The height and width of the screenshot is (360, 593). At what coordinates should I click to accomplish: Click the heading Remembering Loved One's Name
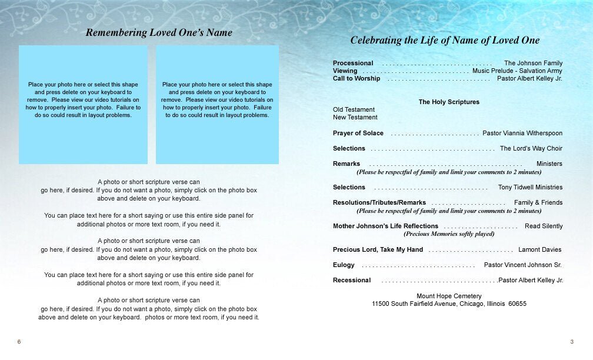click(x=159, y=33)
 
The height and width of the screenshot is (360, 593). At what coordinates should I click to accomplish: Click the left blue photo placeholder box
click(x=83, y=104)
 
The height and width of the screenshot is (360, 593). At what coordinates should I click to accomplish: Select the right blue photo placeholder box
click(x=217, y=104)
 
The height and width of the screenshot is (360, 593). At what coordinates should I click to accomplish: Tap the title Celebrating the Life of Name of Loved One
click(x=445, y=41)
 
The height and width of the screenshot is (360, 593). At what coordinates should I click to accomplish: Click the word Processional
click(x=353, y=63)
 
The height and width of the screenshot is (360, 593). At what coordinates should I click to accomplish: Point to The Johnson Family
click(x=533, y=63)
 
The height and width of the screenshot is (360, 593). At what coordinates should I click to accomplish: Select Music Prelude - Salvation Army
click(x=517, y=71)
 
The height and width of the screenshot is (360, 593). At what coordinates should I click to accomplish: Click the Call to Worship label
click(x=357, y=78)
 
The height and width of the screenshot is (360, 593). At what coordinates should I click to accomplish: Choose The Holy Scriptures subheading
click(x=449, y=102)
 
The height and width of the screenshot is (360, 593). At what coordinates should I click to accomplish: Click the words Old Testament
click(x=354, y=109)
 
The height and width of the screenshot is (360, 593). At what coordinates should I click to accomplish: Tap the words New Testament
click(x=355, y=117)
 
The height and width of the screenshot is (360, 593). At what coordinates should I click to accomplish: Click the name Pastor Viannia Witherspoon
click(x=522, y=133)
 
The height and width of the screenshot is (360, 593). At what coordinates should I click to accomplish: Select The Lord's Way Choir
click(x=531, y=148)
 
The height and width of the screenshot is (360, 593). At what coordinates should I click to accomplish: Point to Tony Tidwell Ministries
click(x=530, y=187)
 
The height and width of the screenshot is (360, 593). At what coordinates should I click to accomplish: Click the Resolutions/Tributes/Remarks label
click(x=379, y=202)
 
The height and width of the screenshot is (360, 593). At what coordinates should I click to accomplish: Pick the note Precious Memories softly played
click(x=449, y=234)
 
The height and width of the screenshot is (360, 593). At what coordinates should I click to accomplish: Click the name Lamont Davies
click(x=540, y=249)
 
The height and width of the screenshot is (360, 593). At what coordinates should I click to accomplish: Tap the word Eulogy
click(x=344, y=265)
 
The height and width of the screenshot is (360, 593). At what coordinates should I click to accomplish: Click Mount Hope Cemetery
click(x=449, y=296)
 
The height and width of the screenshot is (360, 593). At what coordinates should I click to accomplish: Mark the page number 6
click(x=19, y=342)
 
